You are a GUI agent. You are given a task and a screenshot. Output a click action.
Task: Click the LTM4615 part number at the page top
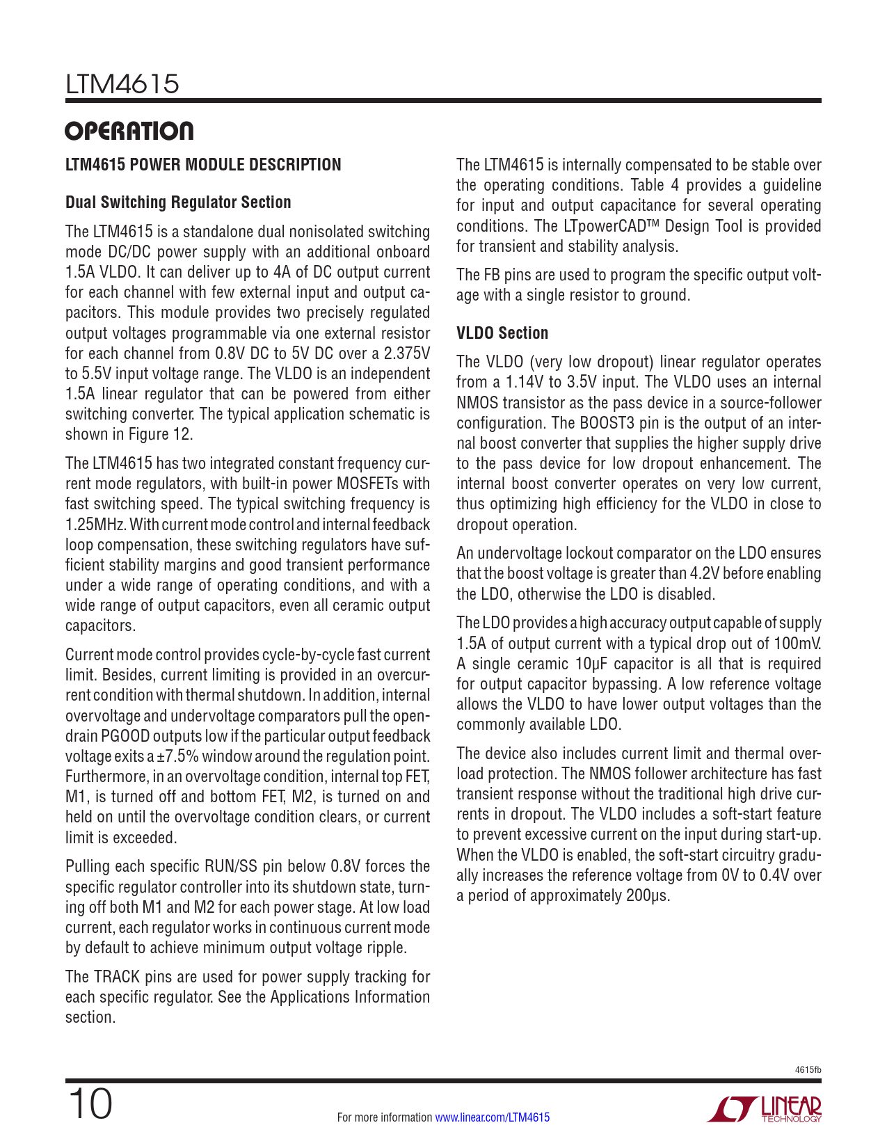coord(122,84)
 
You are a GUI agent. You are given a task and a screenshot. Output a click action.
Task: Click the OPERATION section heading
coord(129,131)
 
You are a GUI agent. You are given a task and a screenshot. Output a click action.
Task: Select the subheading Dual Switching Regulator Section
coord(178,202)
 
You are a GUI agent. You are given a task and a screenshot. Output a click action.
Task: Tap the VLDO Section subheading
coord(502,333)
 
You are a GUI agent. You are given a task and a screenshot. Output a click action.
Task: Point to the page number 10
coord(90,1104)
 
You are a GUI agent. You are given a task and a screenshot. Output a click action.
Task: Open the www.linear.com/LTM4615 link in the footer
coord(492,1117)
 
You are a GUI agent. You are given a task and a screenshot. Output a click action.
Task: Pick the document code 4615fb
coord(808,1069)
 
